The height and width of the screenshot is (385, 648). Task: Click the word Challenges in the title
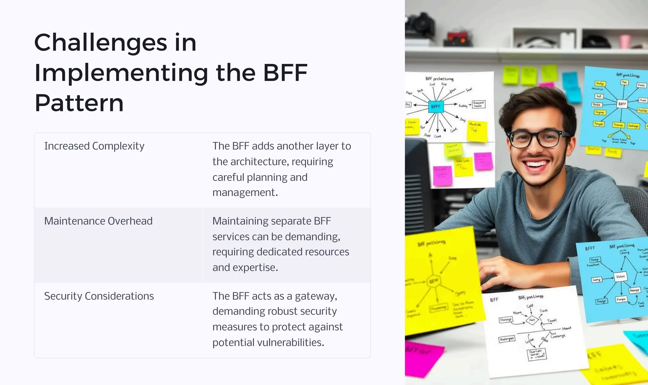(x=101, y=43)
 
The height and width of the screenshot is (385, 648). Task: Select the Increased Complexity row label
(x=94, y=146)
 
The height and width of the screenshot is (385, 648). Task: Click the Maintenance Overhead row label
(x=98, y=221)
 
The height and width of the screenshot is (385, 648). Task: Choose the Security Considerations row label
(x=99, y=296)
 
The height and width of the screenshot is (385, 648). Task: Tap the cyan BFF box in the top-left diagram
(x=436, y=107)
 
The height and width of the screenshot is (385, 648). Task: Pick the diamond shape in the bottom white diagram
(x=532, y=320)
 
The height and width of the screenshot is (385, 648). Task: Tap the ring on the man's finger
(x=493, y=268)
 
